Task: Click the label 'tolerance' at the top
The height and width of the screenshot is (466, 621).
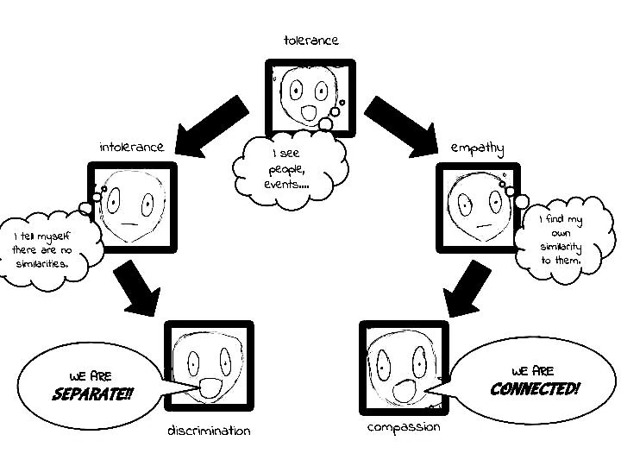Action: click(x=310, y=40)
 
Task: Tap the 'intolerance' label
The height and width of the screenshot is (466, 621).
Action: click(x=131, y=147)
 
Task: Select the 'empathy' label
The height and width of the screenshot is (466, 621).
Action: click(x=477, y=148)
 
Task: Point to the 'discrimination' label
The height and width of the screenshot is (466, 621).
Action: click(x=209, y=431)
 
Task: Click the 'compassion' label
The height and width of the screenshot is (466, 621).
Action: click(x=404, y=427)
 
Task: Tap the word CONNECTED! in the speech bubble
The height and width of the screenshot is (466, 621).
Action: click(x=535, y=389)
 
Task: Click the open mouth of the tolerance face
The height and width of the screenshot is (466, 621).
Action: click(x=309, y=113)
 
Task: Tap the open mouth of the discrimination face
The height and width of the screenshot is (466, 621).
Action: click(x=210, y=388)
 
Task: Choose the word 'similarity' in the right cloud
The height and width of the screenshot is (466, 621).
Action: click(x=561, y=247)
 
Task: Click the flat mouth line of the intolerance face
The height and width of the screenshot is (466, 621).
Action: click(x=131, y=224)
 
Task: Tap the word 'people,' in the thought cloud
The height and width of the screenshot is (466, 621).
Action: click(x=285, y=169)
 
